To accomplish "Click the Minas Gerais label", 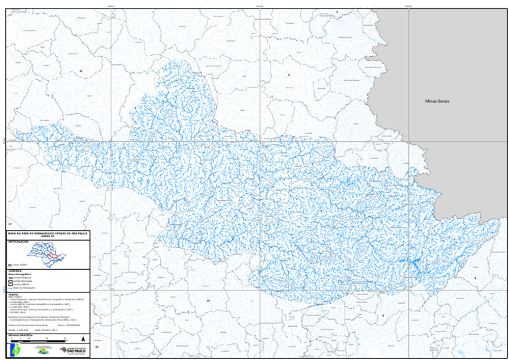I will pos(437,101).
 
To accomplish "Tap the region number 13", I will pos(80,70).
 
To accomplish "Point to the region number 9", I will pos(289,75).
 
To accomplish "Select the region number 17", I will pos(9,225).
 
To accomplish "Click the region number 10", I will pos(208,300).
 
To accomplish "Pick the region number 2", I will pos(475,278).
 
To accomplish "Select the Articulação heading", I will pos(19,243).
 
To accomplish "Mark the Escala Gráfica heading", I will pos(18,336).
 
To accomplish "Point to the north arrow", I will pos(82,339).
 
